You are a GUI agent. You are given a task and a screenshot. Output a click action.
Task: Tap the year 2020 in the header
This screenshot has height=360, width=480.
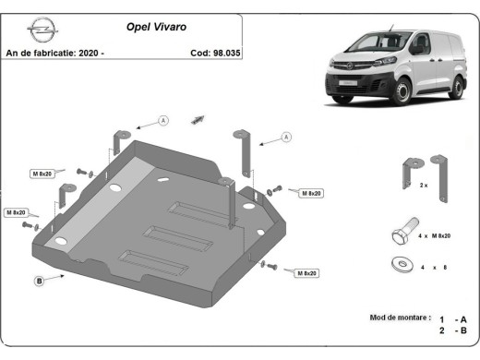click(x=87, y=53)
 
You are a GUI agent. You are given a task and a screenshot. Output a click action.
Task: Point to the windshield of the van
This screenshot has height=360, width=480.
click(x=363, y=42)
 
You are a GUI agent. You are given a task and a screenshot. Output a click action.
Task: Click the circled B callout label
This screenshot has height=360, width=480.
click(x=40, y=280)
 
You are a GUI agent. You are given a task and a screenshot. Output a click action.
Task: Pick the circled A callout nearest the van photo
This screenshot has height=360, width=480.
click(x=286, y=138)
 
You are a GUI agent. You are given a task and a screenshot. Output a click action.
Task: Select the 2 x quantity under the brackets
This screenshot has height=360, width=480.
click(x=423, y=186)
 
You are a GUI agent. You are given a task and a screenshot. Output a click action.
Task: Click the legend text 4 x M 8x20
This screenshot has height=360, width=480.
click(x=434, y=236)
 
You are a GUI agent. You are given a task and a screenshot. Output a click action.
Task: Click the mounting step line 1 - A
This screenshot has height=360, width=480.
click(x=455, y=317)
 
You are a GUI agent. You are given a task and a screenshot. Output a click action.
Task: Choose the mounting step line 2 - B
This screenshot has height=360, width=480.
click(x=455, y=330)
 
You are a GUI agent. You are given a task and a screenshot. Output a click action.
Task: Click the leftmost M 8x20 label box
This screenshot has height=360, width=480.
click(x=18, y=212)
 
